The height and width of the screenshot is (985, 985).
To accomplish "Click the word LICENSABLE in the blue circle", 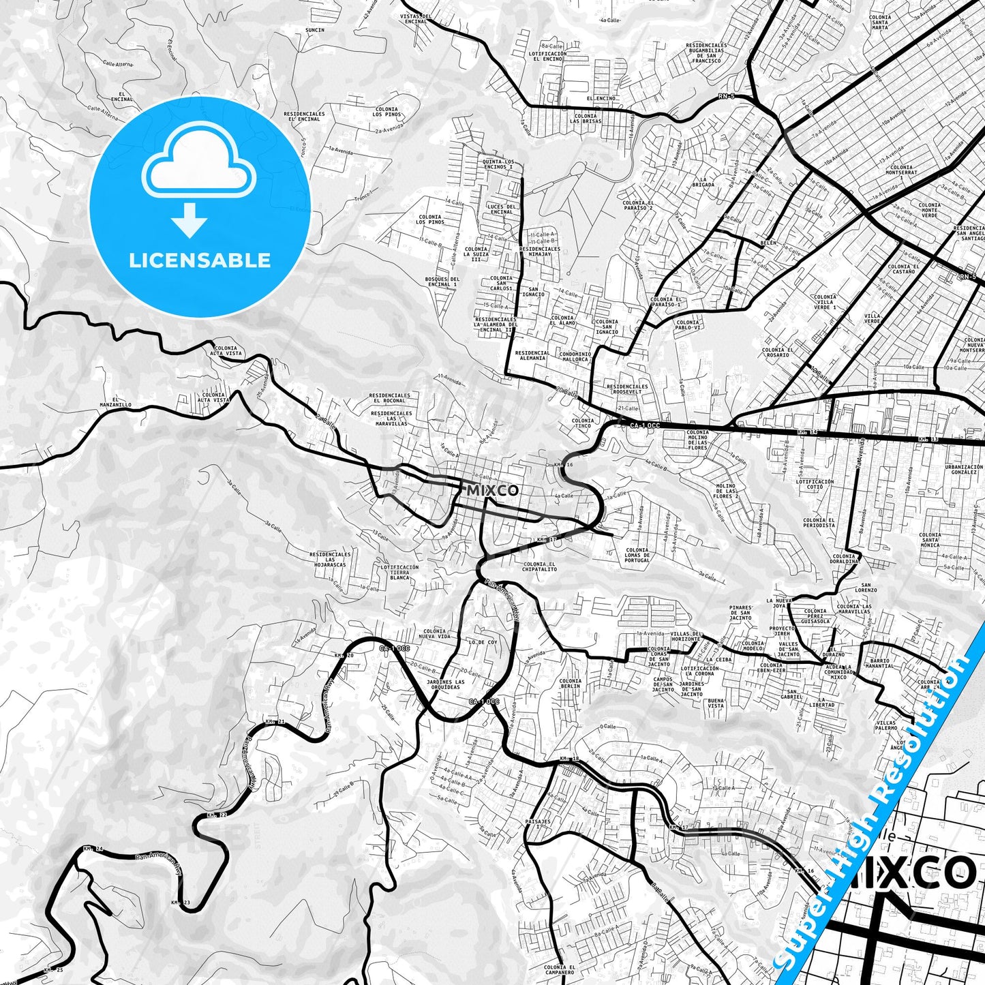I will point(200,260).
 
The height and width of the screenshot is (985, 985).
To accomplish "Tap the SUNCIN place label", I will point(315,31).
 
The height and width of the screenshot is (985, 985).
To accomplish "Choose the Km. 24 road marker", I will point(93,849).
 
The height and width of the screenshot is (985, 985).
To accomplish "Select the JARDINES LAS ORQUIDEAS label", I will point(445,684).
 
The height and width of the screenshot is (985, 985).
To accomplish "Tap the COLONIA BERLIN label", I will point(571,683).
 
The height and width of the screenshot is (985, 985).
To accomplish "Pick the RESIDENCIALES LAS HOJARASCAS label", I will point(330,560).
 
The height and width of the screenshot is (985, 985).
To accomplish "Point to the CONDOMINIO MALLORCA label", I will point(575,357).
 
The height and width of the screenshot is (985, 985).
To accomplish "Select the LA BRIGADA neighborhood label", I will point(703,183).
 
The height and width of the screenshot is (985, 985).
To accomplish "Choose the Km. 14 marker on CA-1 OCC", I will point(808,432).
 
